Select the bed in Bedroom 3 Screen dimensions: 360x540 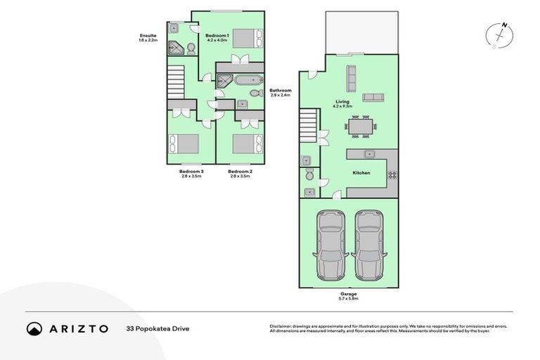pyautogui.click(x=184, y=143)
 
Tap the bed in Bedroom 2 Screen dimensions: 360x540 pyautogui.click(x=245, y=143)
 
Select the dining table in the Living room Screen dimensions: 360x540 pyautogui.click(x=360, y=127)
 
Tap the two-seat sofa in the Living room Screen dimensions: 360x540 pyautogui.click(x=373, y=97)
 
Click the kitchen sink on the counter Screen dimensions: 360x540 pyautogui.click(x=367, y=153)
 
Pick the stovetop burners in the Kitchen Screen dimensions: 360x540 pyautogui.click(x=392, y=175)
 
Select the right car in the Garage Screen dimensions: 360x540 pyautogui.click(x=368, y=243)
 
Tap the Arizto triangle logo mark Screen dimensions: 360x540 pyautogui.click(x=34, y=328)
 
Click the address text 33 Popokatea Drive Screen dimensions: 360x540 pyautogui.click(x=157, y=328)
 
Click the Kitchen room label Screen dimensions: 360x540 pyautogui.click(x=361, y=172)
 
